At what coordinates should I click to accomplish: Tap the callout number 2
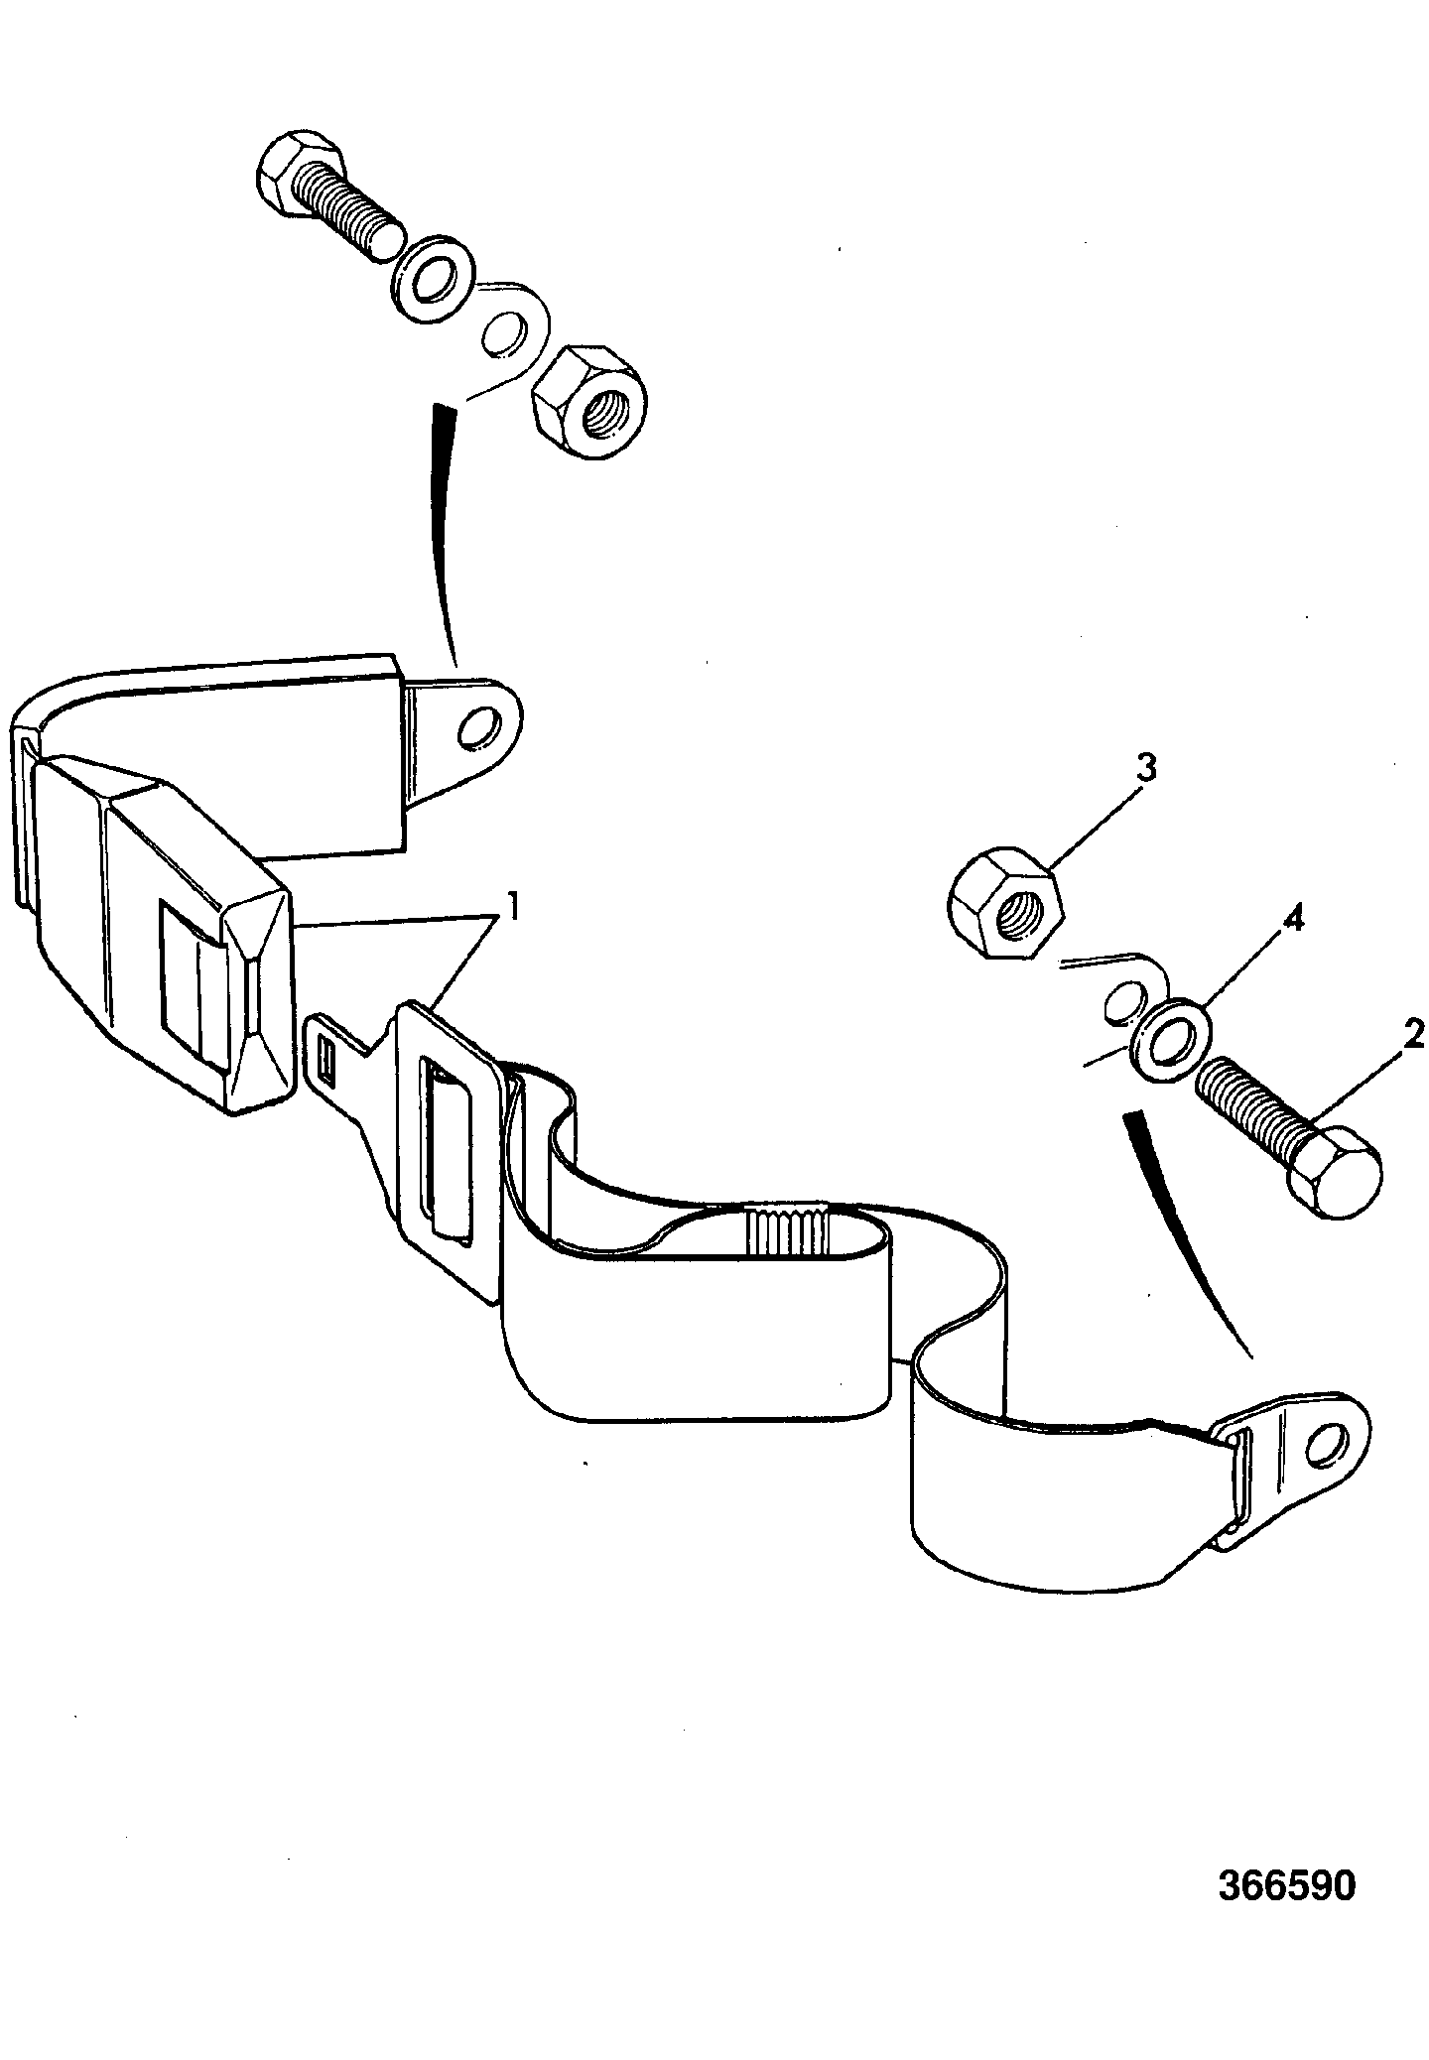click(1413, 1036)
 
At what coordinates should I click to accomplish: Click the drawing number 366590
click(1285, 1885)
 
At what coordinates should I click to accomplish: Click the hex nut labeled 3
click(1007, 902)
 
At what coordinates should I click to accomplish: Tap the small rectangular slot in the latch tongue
click(329, 1061)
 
